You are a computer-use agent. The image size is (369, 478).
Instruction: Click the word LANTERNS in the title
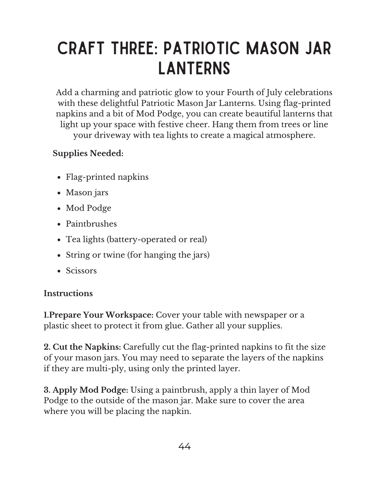pos(194,68)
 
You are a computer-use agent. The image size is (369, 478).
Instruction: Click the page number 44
pos(185,446)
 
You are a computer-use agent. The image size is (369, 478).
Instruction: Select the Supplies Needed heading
pos(88,153)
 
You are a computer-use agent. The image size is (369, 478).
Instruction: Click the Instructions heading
pos(68,293)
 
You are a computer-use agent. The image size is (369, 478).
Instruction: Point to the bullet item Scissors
pos(81,271)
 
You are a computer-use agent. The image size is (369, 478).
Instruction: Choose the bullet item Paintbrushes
pos(91,224)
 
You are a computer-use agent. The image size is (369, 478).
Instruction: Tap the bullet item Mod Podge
pos(88,208)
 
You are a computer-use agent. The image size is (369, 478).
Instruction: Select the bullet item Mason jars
pos(87,192)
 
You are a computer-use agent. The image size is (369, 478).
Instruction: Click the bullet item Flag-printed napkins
pos(107,177)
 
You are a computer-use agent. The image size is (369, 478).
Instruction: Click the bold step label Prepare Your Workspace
pos(101,315)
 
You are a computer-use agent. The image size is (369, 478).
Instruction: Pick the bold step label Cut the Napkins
pos(87,347)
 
